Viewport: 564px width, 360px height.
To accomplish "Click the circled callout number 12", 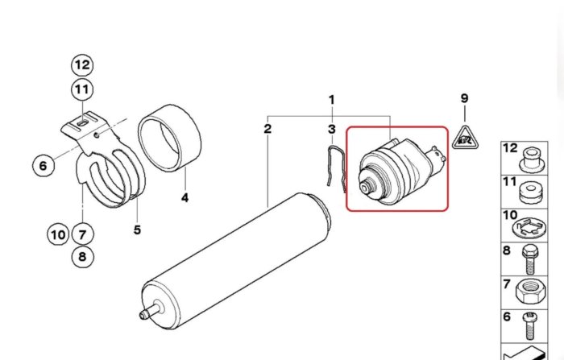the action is [x=82, y=65].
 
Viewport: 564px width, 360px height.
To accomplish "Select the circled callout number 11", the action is [x=82, y=89].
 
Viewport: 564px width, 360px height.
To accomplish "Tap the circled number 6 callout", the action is [x=44, y=166].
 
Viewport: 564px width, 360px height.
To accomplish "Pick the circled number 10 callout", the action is [x=58, y=234].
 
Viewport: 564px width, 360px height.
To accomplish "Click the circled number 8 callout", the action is [x=82, y=257].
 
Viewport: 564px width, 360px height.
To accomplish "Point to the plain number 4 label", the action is [x=185, y=197].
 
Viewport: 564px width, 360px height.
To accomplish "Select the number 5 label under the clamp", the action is [x=137, y=230].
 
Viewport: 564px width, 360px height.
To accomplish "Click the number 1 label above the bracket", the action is [x=332, y=100].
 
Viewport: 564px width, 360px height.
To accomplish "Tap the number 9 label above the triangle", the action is [x=464, y=97].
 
